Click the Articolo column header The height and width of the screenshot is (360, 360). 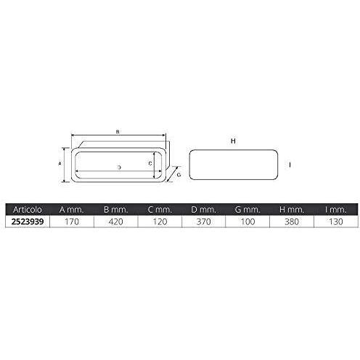(x=28, y=210)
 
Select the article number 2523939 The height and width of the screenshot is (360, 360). (x=28, y=221)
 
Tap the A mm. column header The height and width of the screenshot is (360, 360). (x=72, y=210)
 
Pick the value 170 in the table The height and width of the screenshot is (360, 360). (x=72, y=221)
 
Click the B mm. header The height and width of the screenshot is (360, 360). (x=115, y=210)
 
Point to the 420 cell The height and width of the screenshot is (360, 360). (x=116, y=221)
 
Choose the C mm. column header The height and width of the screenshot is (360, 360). (x=160, y=210)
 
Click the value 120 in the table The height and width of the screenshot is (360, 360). (x=160, y=221)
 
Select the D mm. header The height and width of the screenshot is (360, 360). (x=203, y=210)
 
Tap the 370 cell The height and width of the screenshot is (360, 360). (x=204, y=221)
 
